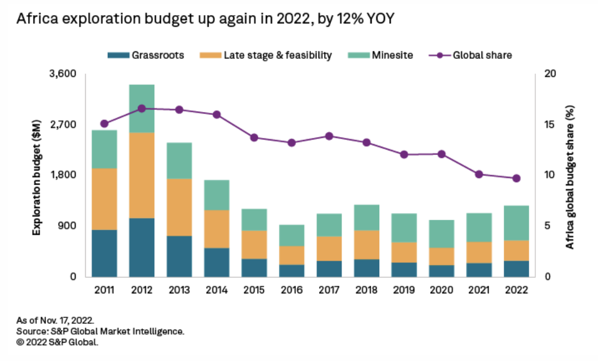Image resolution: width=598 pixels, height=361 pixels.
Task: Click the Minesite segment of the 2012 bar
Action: [142, 108]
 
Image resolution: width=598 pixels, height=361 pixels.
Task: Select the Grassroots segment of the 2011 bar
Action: [104, 253]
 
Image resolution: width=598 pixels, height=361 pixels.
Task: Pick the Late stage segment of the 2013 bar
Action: [179, 207]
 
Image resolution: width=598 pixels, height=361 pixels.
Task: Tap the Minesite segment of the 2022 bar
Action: [516, 222]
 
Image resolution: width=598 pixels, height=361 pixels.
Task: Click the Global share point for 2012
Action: [142, 108]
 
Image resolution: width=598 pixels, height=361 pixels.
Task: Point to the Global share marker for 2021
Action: [479, 174]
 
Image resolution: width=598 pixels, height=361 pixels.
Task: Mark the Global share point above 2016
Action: [291, 143]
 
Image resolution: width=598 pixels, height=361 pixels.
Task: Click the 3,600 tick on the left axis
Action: [62, 74]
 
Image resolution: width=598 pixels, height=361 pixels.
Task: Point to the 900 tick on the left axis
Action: [68, 226]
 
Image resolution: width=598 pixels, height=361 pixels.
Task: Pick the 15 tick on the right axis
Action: [550, 125]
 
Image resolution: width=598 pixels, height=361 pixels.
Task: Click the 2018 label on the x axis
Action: [366, 290]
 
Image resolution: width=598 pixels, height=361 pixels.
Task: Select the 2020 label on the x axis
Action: [441, 290]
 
